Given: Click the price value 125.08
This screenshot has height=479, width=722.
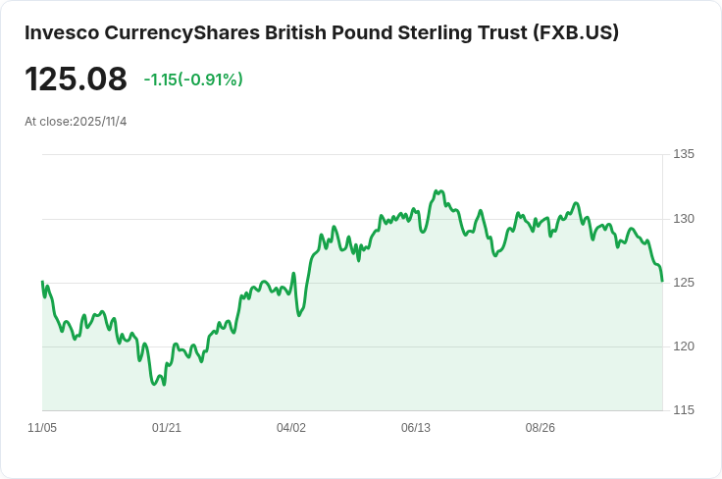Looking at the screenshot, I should tap(76, 80).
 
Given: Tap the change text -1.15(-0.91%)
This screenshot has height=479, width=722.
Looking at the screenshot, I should tap(193, 80).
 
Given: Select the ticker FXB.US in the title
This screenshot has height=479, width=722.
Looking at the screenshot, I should tap(577, 32).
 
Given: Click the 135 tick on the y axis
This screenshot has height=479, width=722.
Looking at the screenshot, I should tap(684, 154).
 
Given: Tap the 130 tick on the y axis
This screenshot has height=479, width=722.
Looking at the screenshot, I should tap(684, 218).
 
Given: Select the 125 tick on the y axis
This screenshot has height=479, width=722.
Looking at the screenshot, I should tap(684, 282).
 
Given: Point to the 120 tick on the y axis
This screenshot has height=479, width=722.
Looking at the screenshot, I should tap(684, 346).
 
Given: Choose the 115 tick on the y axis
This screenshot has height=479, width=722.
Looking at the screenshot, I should tap(684, 409).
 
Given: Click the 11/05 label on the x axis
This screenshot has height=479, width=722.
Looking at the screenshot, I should tap(42, 428).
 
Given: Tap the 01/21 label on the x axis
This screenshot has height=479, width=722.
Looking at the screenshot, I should tap(167, 428).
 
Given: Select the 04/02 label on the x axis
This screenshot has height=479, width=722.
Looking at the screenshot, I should tap(291, 428).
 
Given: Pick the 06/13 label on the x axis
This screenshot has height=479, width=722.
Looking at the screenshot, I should tap(416, 428).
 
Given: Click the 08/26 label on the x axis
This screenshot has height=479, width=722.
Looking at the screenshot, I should tap(541, 428).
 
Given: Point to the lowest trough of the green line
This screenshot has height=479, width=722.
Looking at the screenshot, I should tap(154, 384).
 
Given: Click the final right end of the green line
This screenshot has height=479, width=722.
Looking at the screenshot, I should tap(662, 281).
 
